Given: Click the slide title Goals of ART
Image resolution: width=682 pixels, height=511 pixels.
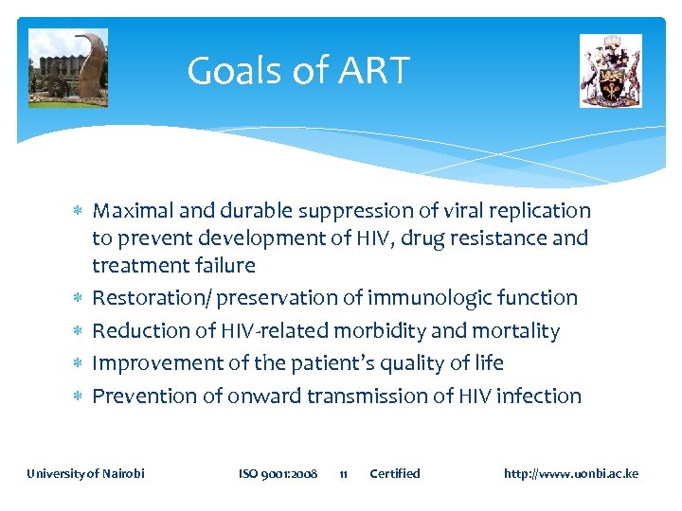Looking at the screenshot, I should (x=297, y=71).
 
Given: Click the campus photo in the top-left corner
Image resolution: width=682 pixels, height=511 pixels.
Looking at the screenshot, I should (x=67, y=68).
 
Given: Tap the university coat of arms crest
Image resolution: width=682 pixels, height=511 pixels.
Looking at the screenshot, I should (x=610, y=71).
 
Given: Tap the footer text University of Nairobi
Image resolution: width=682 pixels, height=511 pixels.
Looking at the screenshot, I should (x=85, y=473).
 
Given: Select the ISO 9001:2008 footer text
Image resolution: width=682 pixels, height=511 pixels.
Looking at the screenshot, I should (x=278, y=473).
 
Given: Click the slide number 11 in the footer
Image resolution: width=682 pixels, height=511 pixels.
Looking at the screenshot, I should (x=344, y=473).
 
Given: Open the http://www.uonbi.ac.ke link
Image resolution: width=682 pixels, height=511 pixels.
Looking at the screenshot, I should (x=570, y=473).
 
